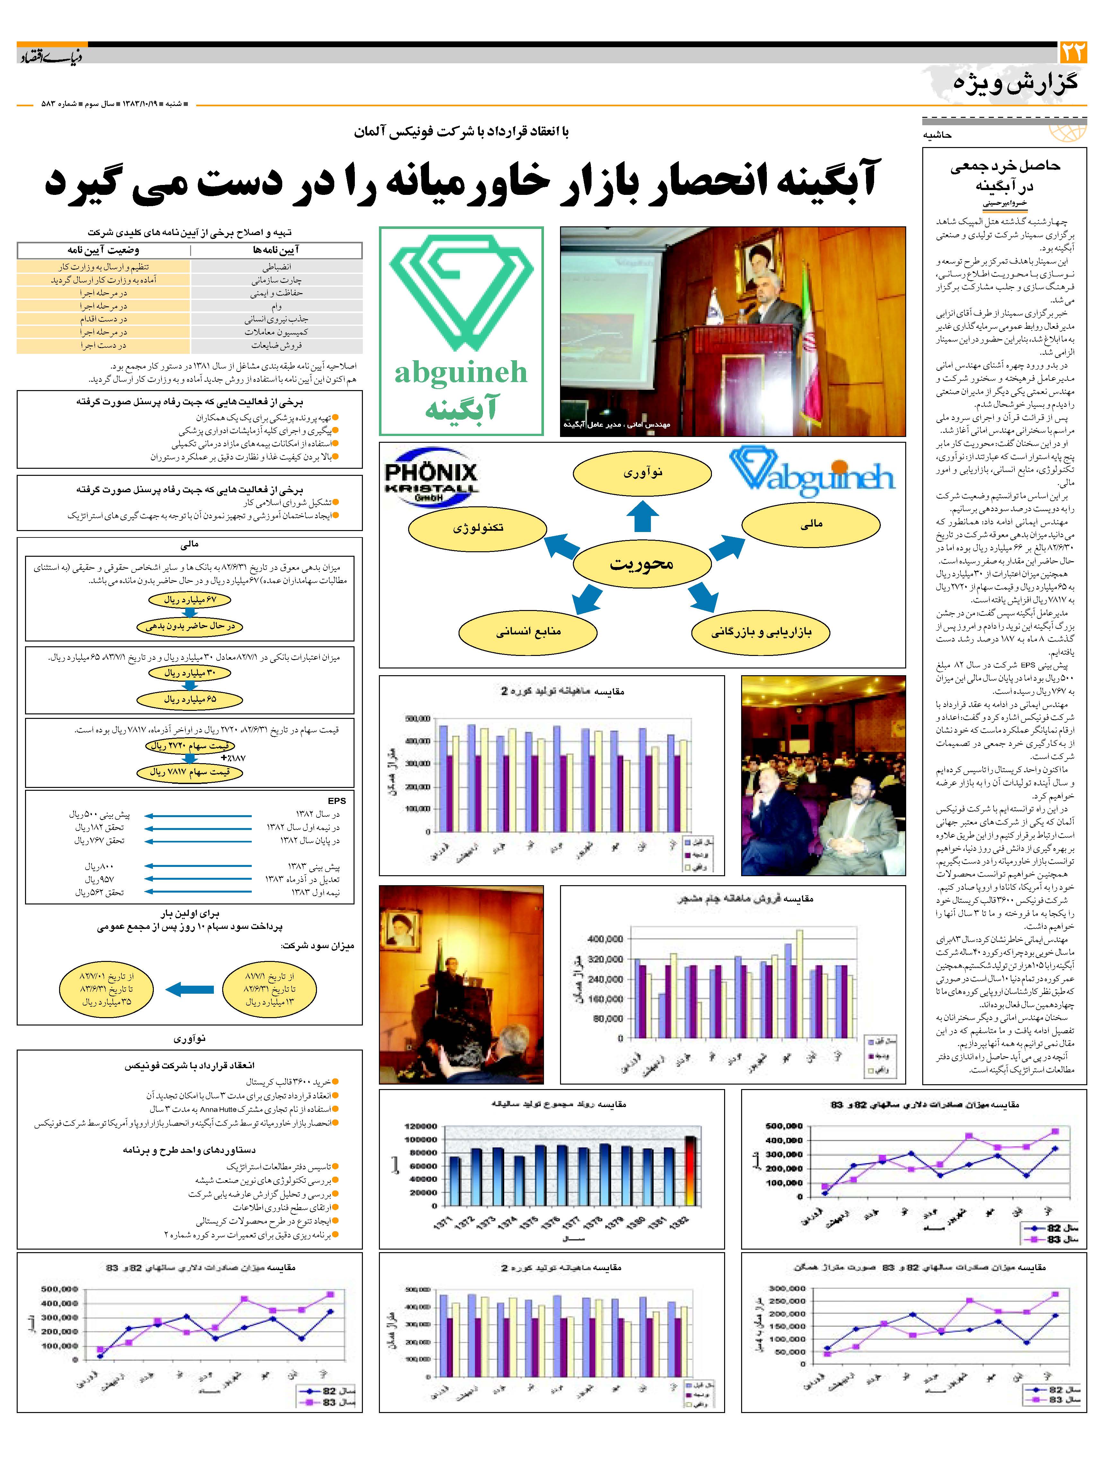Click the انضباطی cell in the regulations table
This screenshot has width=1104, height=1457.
pos(277,267)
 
